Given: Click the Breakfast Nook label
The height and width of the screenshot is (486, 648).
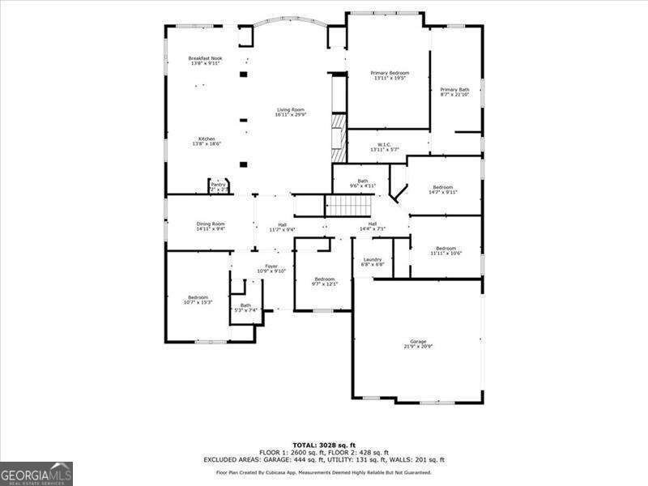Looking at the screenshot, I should (x=206, y=58).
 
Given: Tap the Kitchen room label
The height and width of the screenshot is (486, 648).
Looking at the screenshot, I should (x=207, y=139).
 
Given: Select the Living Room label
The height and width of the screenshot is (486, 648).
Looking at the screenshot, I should (x=290, y=110).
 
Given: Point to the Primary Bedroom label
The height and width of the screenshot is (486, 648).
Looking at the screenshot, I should (x=390, y=73).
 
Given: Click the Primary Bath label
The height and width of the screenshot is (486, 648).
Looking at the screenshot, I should (x=454, y=89).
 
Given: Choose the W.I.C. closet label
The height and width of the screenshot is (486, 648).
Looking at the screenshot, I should (x=384, y=145).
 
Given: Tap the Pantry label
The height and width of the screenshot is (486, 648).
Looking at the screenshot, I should (x=218, y=185).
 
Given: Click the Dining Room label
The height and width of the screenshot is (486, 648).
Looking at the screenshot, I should (x=210, y=224).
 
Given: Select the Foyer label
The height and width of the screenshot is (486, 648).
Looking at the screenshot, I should (x=271, y=266).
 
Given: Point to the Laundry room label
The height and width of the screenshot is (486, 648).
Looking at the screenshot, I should (x=372, y=260).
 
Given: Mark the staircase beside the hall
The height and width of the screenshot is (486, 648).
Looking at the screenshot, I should (x=348, y=206).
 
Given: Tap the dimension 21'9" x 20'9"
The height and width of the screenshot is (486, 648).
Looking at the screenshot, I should (x=418, y=347).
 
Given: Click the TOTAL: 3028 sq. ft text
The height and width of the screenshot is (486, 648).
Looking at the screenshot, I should (x=324, y=445).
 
